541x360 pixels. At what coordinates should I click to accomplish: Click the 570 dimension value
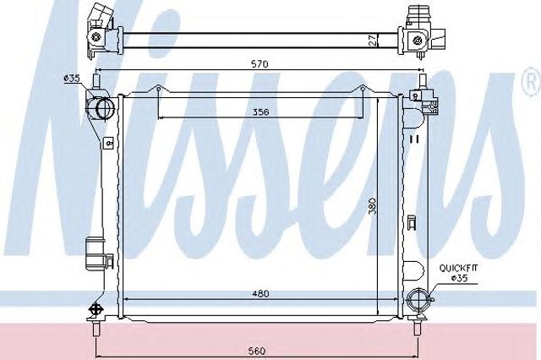pyautogui.click(x=260, y=64)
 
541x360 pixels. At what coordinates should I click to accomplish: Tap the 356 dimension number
pyautogui.click(x=260, y=112)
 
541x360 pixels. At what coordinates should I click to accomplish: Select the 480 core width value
pyautogui.click(x=260, y=293)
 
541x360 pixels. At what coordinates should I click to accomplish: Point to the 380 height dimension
pyautogui.click(x=372, y=206)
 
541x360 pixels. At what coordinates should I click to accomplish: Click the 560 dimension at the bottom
pyautogui.click(x=257, y=351)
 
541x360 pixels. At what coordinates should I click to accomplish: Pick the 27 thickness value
pyautogui.click(x=371, y=40)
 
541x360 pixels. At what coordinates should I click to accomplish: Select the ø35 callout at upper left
pyautogui.click(x=71, y=79)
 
